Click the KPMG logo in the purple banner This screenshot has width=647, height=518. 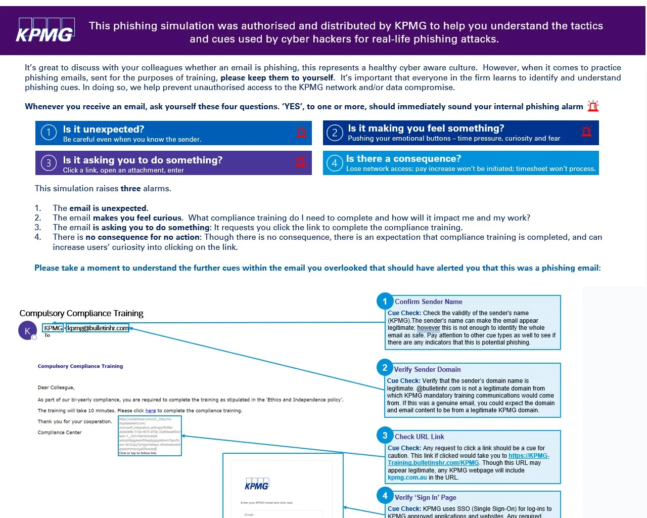point(45,30)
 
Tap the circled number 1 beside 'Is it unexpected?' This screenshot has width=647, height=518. point(49,133)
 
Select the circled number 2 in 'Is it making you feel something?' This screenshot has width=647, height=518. point(335,133)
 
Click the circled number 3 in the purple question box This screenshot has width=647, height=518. point(49,163)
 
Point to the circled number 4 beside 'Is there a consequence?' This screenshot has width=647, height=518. point(335,163)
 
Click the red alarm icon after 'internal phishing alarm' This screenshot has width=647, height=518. point(593,106)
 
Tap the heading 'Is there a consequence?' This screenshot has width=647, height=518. point(403,159)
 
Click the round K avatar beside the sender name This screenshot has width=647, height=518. point(27,331)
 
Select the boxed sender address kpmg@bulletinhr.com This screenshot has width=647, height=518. point(98,328)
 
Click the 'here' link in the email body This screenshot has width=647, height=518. point(151,411)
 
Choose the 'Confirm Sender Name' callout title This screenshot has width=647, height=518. point(428,301)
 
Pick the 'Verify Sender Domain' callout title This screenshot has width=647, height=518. point(427,369)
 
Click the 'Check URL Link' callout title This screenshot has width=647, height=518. point(419,437)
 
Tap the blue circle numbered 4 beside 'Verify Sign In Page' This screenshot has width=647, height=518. point(385,496)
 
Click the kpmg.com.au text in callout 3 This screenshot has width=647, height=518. point(407,478)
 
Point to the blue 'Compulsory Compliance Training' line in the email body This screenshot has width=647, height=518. point(80,366)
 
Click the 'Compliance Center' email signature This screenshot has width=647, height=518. point(60,433)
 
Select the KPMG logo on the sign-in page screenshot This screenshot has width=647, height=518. point(257,485)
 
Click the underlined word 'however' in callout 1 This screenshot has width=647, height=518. point(429,328)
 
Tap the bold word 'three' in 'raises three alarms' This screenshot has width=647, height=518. point(130,189)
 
